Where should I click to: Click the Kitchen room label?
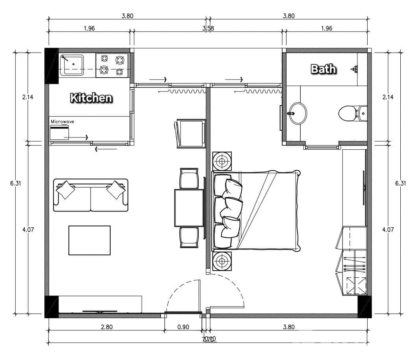tap(91, 98)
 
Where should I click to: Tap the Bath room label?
tap(324, 69)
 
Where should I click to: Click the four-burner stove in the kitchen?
tap(112, 65)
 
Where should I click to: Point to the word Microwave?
tap(62, 122)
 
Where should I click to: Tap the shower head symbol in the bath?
tap(355, 69)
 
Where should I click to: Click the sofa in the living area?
tap(91, 195)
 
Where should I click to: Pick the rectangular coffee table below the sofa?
tap(89, 240)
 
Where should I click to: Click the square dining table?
tap(189, 208)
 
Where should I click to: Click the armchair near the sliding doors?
tap(191, 133)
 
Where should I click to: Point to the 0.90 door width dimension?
tap(183, 327)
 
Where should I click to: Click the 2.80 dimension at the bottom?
tap(106, 327)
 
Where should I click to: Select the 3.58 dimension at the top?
tap(208, 28)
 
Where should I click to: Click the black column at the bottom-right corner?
tap(364, 306)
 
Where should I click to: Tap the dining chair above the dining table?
tap(189, 178)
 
